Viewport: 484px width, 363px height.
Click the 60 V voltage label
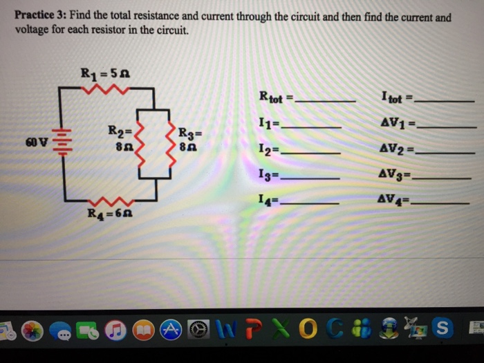(36, 143)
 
